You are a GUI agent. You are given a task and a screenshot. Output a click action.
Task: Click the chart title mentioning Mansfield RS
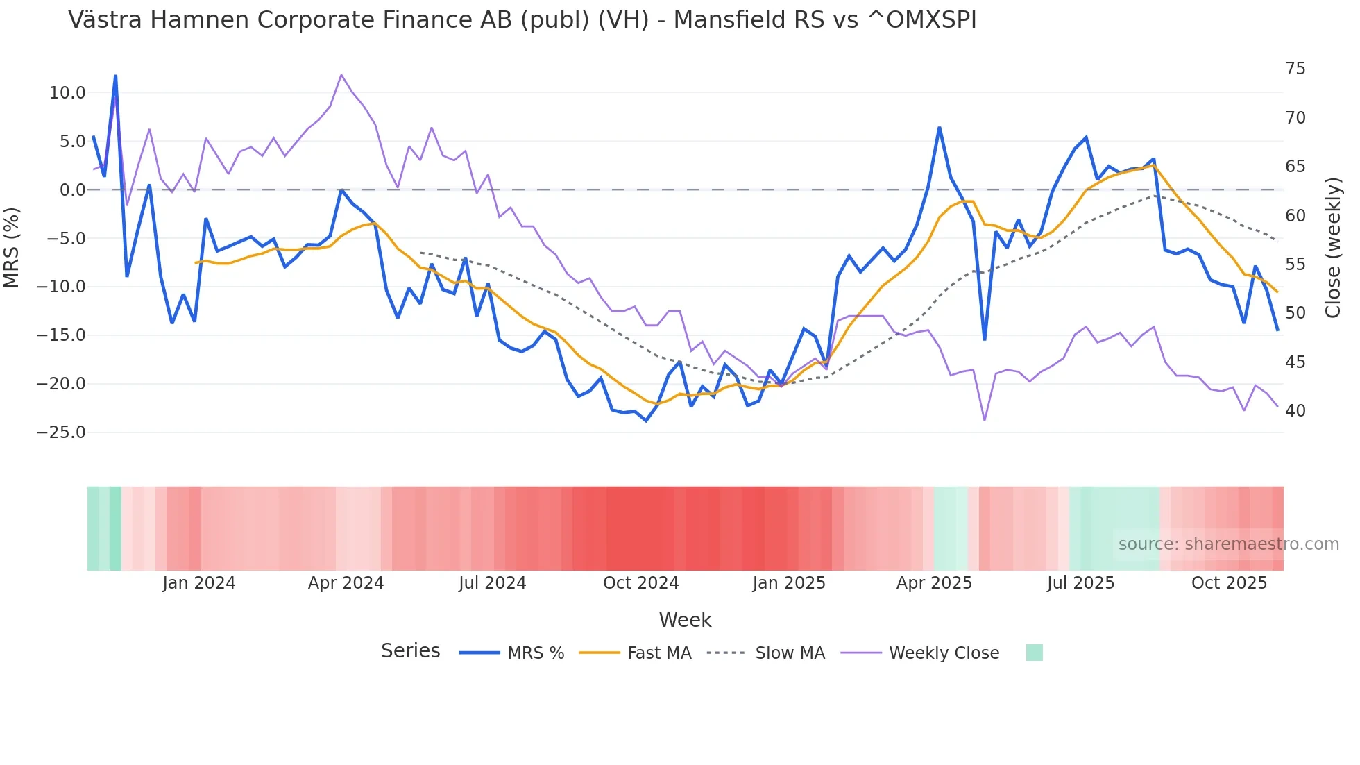522,20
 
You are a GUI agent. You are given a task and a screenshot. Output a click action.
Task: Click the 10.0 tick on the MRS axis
67,93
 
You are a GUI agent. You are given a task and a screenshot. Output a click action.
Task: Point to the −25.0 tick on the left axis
61,432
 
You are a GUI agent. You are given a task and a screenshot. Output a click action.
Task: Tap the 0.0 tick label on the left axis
72,190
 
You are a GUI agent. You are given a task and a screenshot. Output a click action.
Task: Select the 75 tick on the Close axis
1295,69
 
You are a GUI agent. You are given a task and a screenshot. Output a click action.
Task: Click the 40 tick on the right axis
1295,411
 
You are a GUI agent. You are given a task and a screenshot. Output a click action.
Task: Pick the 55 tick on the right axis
1295,264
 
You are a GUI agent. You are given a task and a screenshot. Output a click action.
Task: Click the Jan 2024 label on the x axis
199,583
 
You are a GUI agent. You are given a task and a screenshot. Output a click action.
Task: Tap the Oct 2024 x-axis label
640,583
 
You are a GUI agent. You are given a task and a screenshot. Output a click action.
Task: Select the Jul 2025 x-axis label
1080,583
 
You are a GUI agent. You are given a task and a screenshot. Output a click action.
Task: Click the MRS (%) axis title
12,248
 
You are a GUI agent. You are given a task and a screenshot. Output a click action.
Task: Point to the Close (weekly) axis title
1332,248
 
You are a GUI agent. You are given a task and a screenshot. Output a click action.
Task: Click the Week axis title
685,620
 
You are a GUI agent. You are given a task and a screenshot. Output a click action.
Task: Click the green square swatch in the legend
1034,653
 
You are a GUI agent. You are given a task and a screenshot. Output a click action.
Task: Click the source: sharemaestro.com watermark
1228,544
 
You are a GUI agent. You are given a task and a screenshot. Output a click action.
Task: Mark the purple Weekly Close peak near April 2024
341,75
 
